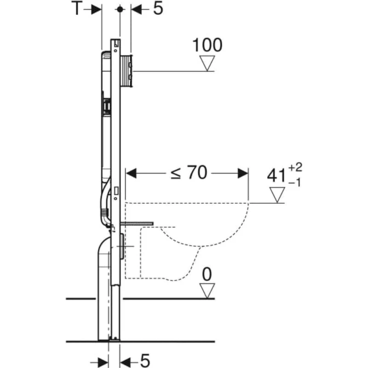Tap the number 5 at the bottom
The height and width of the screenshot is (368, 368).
point(145,358)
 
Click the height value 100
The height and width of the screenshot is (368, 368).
point(207,45)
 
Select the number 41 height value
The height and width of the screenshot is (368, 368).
point(276,176)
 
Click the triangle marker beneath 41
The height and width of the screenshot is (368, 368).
point(278,195)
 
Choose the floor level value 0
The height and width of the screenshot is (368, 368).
point(207,275)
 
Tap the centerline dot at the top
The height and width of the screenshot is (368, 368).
point(120,9)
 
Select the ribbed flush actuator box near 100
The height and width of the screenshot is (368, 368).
point(127,70)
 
